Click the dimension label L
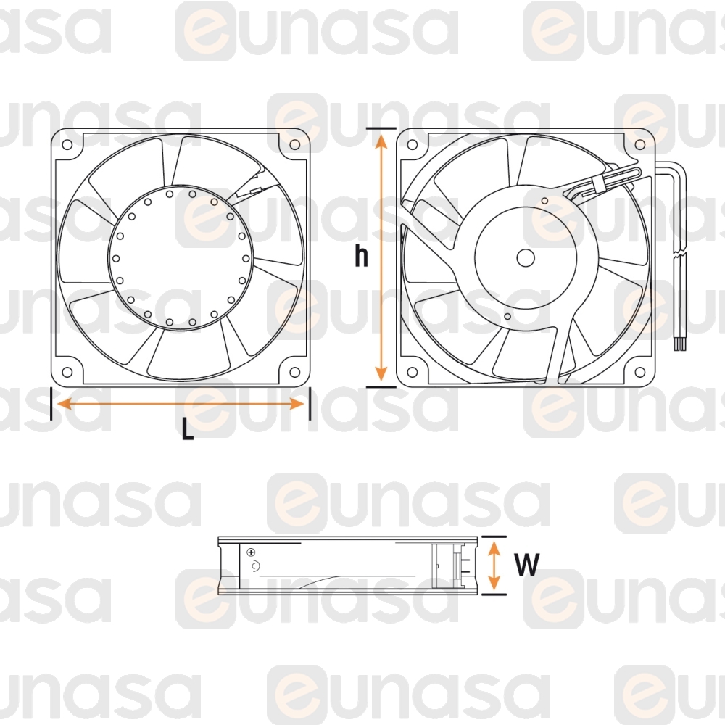click(188, 431)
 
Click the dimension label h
click(361, 256)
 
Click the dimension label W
click(528, 565)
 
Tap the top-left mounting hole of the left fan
click(67, 144)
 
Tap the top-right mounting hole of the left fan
click(294, 144)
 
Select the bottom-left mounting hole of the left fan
click(67, 373)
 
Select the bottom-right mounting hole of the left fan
click(294, 373)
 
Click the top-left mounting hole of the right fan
click(413, 144)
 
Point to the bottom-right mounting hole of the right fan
click(639, 373)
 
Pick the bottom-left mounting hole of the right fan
click(413, 373)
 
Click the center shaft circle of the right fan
click(525, 257)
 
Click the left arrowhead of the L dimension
click(61, 404)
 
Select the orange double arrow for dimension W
click(494, 565)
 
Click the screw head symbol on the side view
click(251, 553)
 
